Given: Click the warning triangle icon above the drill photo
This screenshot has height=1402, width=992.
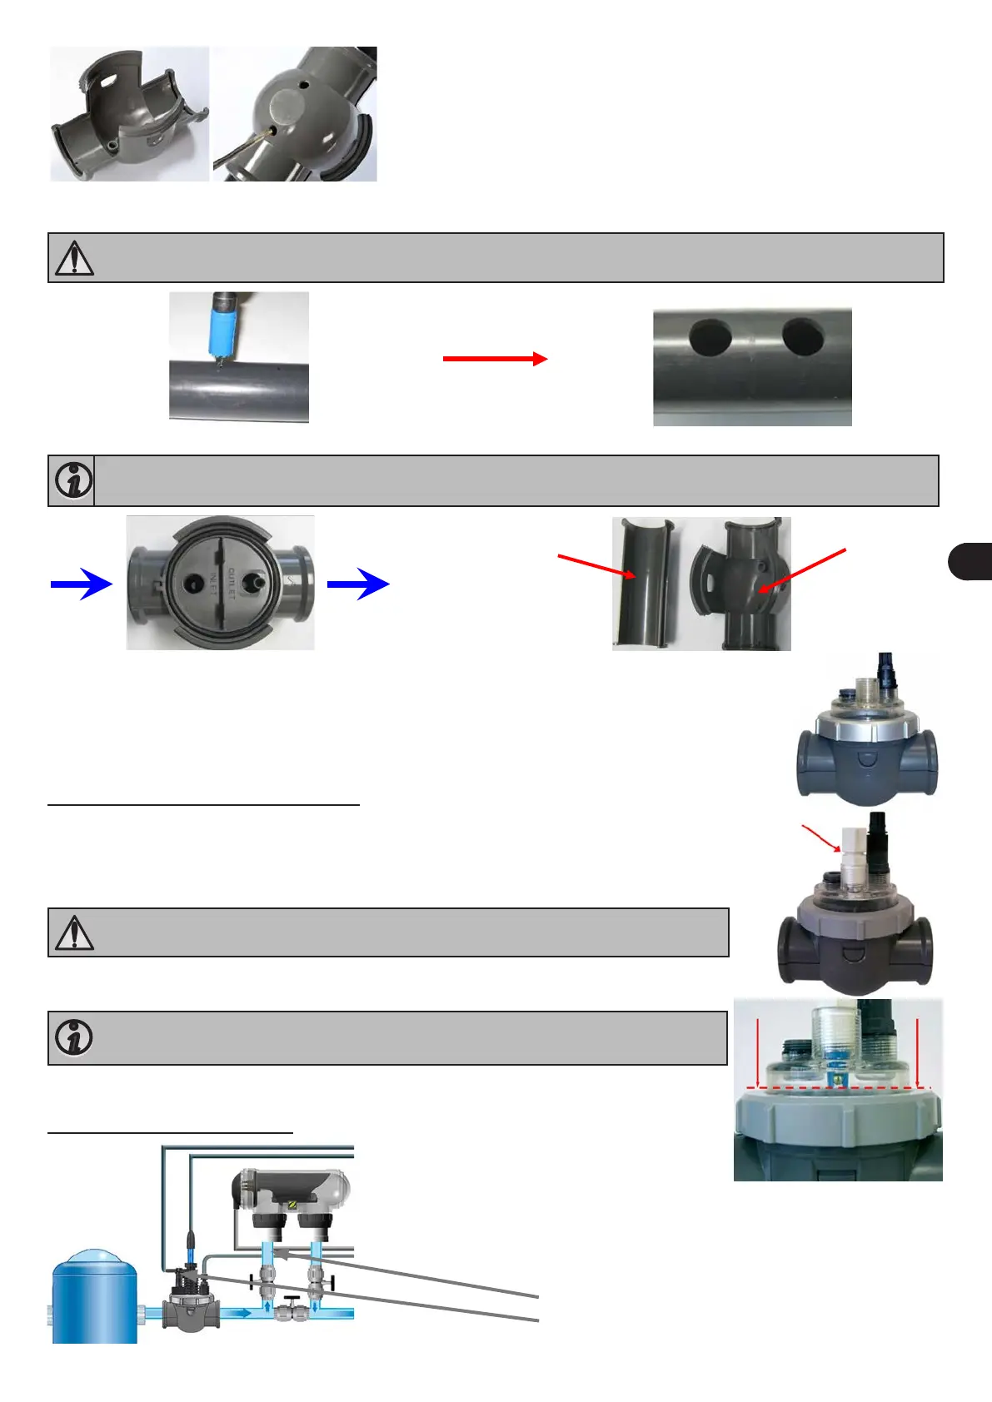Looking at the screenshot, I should [74, 258].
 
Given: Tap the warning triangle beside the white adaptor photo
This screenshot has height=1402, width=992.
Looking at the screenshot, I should [74, 932].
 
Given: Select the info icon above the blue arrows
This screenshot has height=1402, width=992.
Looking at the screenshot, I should [73, 480].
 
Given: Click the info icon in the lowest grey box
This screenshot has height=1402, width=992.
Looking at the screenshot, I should [73, 1037].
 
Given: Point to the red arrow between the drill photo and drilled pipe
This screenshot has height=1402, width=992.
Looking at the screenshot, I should [495, 359].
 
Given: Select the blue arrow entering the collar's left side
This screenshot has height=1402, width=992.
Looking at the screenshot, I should [81, 584].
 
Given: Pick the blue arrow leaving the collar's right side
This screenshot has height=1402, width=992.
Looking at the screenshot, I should [358, 584].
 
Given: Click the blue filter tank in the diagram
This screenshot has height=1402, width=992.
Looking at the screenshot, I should [94, 1296].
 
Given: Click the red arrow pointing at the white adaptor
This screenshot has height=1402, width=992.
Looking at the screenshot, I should [821, 838].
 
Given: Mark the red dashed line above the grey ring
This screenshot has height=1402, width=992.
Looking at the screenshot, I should [837, 1087].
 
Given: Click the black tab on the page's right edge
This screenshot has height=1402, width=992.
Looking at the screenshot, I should [970, 560].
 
